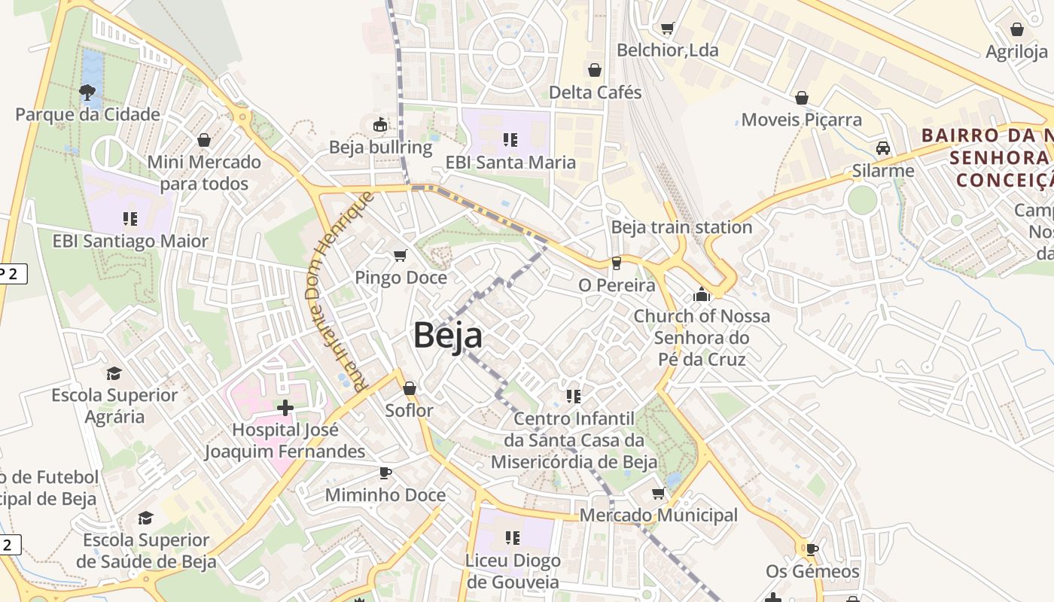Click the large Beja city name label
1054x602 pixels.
click(448, 335)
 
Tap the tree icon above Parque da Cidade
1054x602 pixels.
click(87, 93)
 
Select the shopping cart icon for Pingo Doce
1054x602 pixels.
click(401, 256)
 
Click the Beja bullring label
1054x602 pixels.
click(381, 147)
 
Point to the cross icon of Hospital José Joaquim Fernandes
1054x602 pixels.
click(285, 408)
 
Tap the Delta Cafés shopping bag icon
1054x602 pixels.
click(595, 70)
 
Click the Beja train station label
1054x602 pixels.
click(681, 227)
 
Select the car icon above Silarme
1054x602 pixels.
click(883, 148)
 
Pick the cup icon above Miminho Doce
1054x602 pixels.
click(385, 473)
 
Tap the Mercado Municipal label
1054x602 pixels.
click(659, 515)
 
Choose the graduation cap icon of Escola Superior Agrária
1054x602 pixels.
click(114, 373)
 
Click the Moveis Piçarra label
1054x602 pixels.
click(802, 120)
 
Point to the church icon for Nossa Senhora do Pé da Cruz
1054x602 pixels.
click(702, 293)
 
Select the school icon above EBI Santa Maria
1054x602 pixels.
click(510, 140)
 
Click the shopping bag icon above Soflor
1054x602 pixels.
click(410, 388)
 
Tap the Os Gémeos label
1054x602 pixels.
click(812, 572)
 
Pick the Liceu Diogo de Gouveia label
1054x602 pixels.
click(513, 571)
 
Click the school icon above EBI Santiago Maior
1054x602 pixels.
click(130, 219)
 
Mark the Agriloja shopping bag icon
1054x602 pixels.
click(1017, 29)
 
